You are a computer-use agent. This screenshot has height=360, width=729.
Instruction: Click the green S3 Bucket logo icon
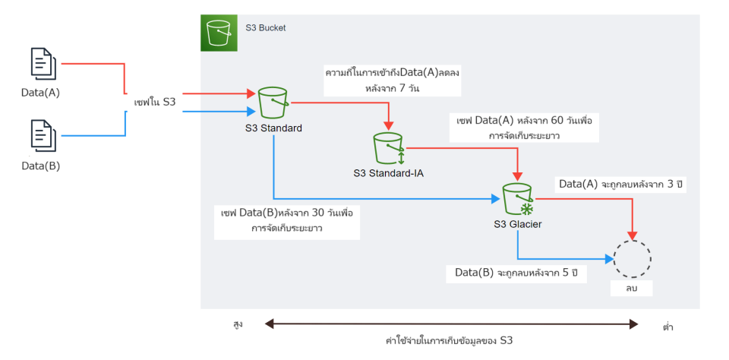click(219, 33)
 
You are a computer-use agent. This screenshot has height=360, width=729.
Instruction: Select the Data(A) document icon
click(43, 64)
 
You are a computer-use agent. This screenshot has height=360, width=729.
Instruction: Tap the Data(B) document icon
click(43, 134)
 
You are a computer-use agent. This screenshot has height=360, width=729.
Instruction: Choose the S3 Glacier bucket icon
click(518, 199)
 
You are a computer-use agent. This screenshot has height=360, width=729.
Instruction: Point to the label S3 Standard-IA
click(388, 173)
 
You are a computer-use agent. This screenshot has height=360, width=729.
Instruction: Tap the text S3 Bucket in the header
click(266, 27)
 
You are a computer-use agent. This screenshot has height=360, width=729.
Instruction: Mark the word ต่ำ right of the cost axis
click(668, 327)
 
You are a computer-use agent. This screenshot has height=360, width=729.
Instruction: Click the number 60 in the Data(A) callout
click(556, 122)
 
